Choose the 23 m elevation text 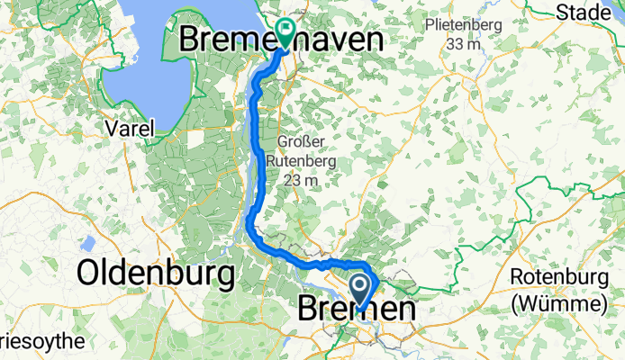(301, 180)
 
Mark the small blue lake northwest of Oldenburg (89, 243)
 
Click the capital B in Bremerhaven (193, 40)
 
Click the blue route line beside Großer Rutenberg (261, 162)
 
